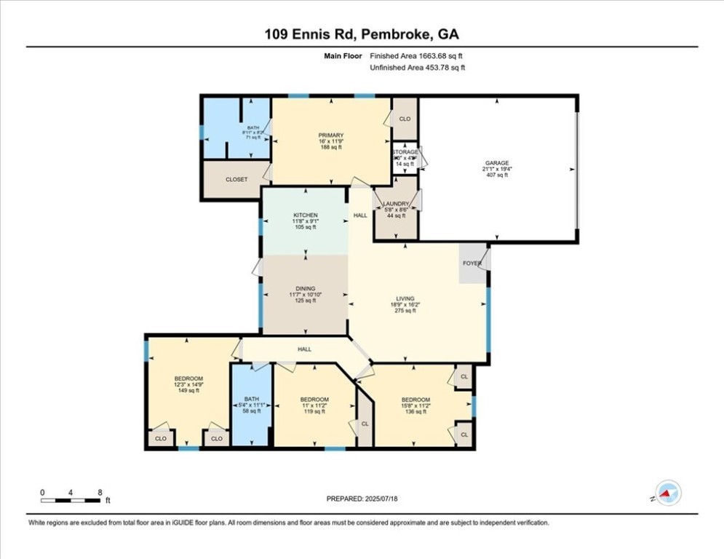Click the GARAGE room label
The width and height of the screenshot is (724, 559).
pyautogui.click(x=497, y=164)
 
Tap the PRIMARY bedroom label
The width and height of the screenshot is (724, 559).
pyautogui.click(x=330, y=135)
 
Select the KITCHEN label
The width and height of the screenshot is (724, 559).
pyautogui.click(x=305, y=215)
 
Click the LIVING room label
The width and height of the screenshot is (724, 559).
pyautogui.click(x=405, y=298)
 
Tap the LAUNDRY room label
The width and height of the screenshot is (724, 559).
pyautogui.click(x=396, y=205)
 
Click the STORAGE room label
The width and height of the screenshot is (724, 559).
pyautogui.click(x=405, y=152)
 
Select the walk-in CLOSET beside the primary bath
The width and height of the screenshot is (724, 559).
pyautogui.click(x=236, y=179)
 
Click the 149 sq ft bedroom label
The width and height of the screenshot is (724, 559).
pyautogui.click(x=188, y=378)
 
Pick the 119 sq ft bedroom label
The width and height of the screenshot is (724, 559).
pyautogui.click(x=314, y=400)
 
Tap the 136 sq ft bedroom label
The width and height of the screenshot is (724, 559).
pyautogui.click(x=415, y=400)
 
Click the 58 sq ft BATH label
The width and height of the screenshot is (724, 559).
pyautogui.click(x=252, y=399)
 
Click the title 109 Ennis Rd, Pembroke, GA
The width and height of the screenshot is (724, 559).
pyautogui.click(x=362, y=34)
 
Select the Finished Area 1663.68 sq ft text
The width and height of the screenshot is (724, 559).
pyautogui.click(x=417, y=55)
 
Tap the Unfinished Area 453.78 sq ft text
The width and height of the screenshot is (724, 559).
pyautogui.click(x=417, y=68)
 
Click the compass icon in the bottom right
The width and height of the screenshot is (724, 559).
pyautogui.click(x=667, y=493)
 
